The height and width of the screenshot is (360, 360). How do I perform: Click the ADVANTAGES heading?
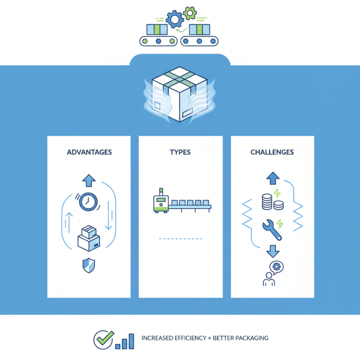[x=89, y=152]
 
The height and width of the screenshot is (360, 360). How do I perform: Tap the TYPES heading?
[x=180, y=152]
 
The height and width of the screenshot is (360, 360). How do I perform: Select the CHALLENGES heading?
[x=272, y=152]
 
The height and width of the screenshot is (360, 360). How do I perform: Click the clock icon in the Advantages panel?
[x=88, y=201]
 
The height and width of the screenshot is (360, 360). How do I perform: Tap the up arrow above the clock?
[x=88, y=180]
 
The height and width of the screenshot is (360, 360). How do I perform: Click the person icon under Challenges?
[x=269, y=279]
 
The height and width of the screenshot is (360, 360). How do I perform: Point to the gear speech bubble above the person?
[x=274, y=266]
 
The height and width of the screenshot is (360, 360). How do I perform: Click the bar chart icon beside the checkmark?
[x=125, y=342]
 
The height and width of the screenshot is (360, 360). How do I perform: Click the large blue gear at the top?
[x=173, y=19]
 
